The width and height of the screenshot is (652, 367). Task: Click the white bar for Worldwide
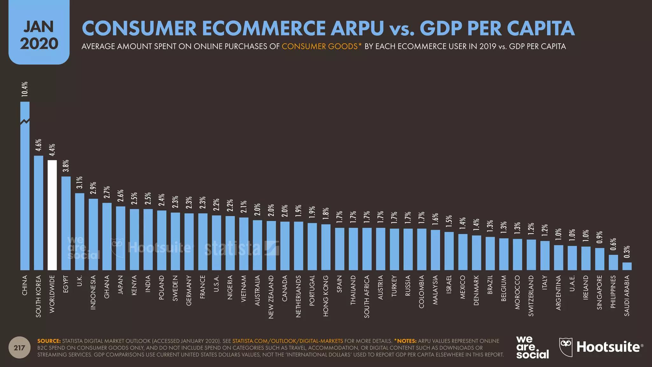pyautogui.click(x=52, y=215)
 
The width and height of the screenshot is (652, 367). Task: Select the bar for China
pyautogui.click(x=25, y=191)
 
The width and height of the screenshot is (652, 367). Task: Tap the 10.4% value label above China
pyautogui.click(x=25, y=89)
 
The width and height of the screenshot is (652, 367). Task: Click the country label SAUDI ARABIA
pyautogui.click(x=627, y=296)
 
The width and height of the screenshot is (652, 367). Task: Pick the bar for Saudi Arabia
pyautogui.click(x=627, y=266)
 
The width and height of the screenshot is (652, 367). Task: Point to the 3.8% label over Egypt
pyautogui.click(x=66, y=166)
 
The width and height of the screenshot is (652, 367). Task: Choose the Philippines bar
pyautogui.click(x=613, y=263)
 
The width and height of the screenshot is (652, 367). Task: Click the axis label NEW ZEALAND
pyautogui.click(x=271, y=297)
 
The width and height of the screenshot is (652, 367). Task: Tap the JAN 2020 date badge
pyautogui.click(x=39, y=35)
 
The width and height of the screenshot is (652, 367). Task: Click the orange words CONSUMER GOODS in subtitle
pyautogui.click(x=320, y=47)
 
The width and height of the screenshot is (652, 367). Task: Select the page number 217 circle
pyautogui.click(x=19, y=348)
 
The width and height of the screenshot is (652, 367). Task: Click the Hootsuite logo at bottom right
pyautogui.click(x=601, y=347)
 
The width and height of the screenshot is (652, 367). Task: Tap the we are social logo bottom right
pyautogui.click(x=532, y=347)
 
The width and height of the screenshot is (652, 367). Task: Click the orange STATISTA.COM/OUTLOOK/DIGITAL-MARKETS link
pyautogui.click(x=287, y=341)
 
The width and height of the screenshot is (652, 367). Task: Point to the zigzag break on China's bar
pyautogui.click(x=25, y=122)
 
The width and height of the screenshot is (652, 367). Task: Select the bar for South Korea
pyautogui.click(x=39, y=213)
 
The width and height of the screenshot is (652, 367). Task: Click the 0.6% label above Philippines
pyautogui.click(x=613, y=244)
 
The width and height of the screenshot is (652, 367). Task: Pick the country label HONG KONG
pyautogui.click(x=326, y=296)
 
